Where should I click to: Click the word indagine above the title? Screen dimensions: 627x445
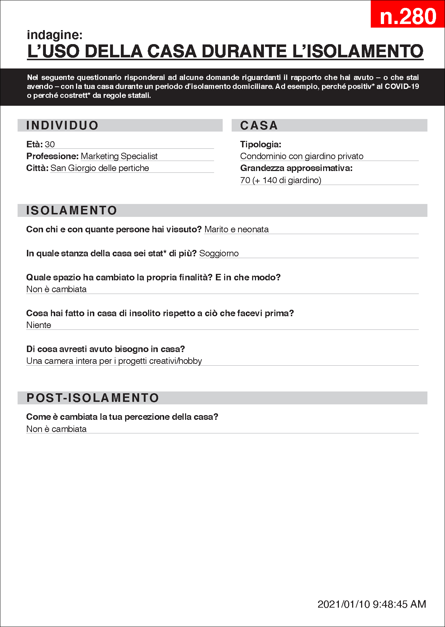(55, 35)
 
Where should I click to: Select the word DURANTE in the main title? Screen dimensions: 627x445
(244, 51)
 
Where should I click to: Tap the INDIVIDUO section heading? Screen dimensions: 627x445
(62, 125)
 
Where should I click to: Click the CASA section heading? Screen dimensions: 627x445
(259, 125)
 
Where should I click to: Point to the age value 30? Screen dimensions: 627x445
(50, 144)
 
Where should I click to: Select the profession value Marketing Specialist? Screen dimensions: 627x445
(119, 156)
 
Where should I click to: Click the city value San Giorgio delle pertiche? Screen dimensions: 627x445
(100, 168)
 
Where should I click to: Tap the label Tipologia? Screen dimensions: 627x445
(261, 144)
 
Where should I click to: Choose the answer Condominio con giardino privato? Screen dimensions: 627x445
(302, 156)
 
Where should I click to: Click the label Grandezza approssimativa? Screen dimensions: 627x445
(296, 168)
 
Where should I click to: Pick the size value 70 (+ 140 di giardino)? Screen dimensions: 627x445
(281, 180)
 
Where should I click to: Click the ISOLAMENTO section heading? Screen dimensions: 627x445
(72, 210)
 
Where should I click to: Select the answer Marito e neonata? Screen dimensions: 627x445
(236, 229)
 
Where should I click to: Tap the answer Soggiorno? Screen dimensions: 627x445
(219, 253)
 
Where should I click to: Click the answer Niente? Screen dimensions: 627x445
(39, 325)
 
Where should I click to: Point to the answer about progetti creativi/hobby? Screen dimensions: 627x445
(114, 361)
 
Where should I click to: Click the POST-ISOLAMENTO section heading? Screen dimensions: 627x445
(93, 398)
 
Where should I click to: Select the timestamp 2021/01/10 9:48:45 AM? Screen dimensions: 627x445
(371, 604)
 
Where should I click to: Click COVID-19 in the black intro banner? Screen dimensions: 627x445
(402, 86)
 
